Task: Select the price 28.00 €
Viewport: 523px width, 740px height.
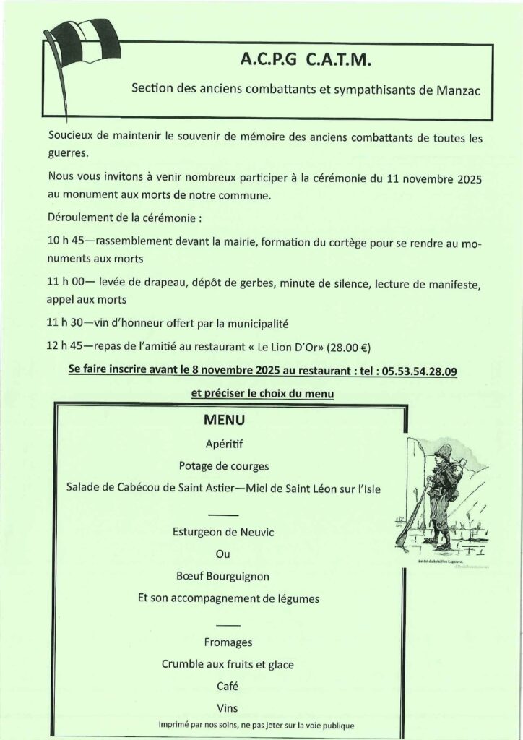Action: [349, 348]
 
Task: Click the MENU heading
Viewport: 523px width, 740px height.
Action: [225, 420]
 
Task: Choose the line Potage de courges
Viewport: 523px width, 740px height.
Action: [226, 465]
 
